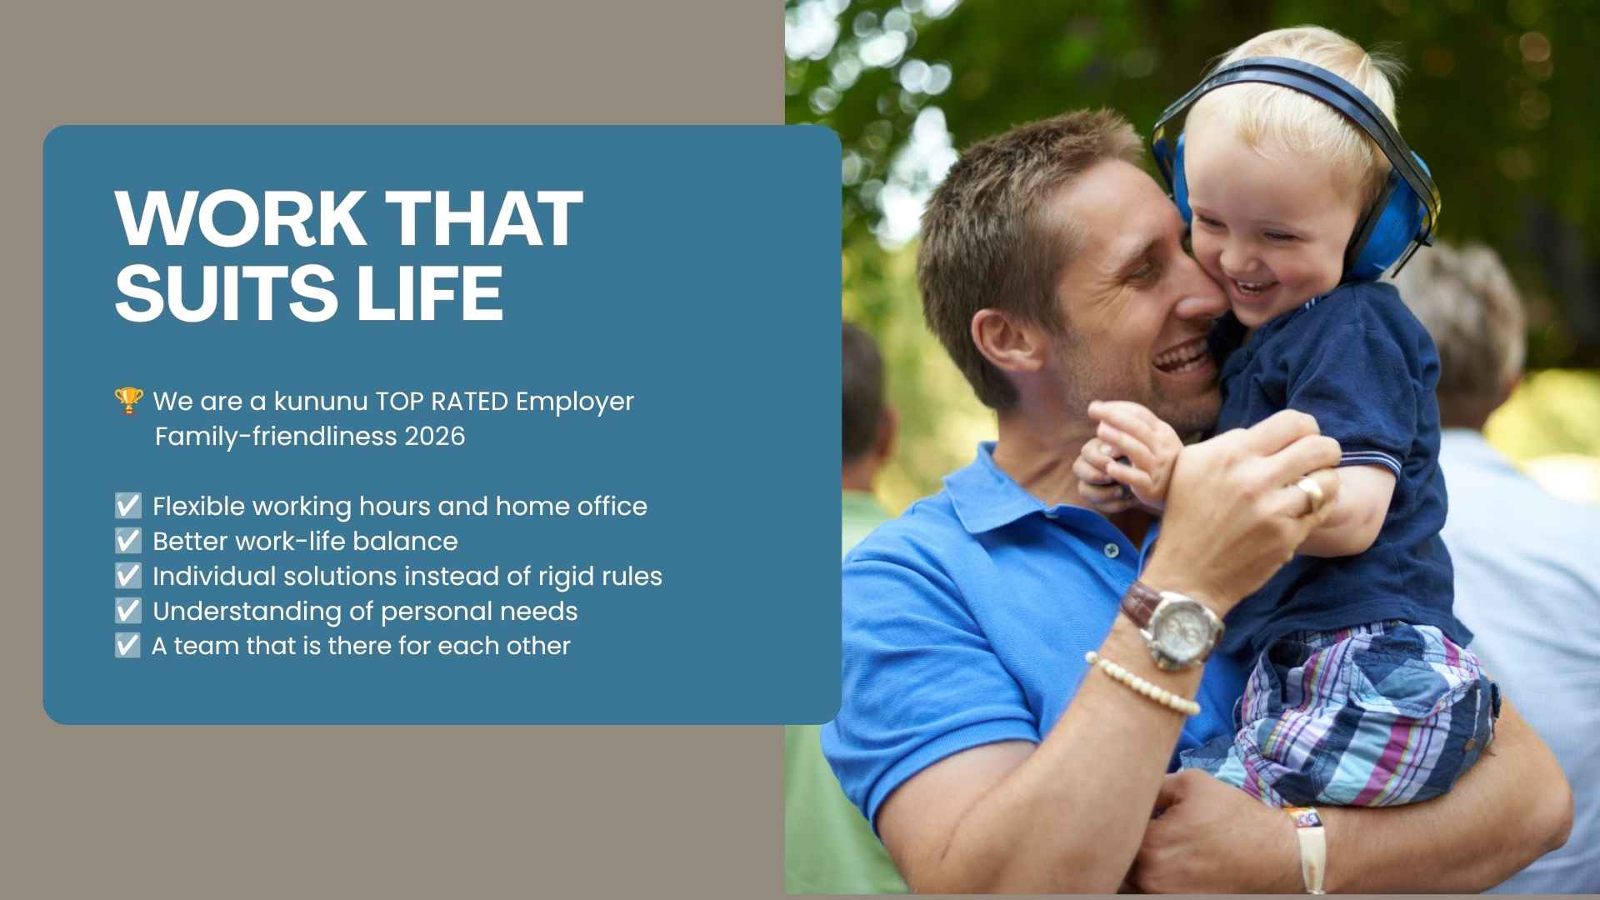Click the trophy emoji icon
tap(128, 401)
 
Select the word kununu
tap(321, 402)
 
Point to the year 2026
tap(434, 437)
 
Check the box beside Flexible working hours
tap(127, 506)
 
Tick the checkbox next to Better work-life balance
tap(127, 541)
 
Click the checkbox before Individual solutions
tap(127, 576)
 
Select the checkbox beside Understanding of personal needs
tap(127, 611)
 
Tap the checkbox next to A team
tap(127, 646)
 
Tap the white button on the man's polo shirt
tap(1112, 551)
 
